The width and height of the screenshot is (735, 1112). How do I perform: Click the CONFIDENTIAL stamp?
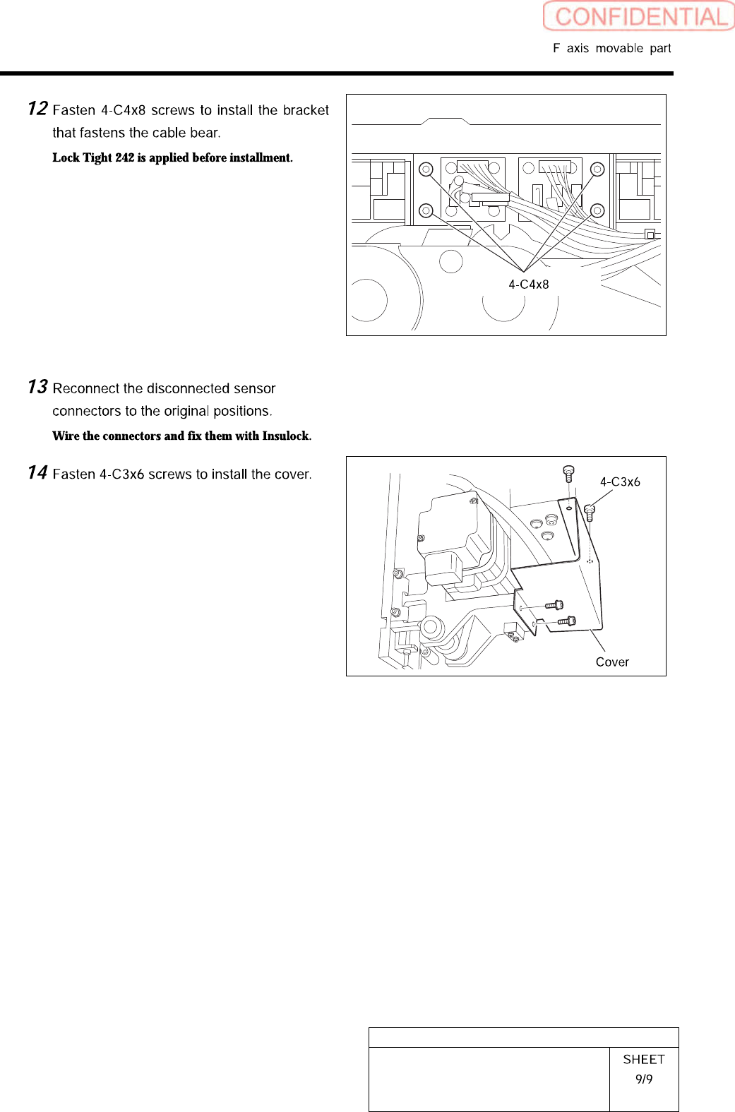[x=639, y=16]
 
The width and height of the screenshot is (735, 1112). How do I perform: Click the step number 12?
[x=37, y=108]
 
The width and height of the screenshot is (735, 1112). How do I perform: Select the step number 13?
[x=37, y=387]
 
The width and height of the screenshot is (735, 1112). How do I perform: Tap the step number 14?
[x=37, y=472]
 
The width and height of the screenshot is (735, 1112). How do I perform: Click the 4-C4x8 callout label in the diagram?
[x=528, y=285]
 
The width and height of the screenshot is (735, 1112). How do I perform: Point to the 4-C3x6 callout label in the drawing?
[x=620, y=482]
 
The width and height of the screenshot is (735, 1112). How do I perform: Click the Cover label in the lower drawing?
[x=612, y=662]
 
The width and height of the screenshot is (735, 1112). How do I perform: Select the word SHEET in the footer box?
[x=644, y=1059]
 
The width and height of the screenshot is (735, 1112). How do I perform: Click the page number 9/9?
[x=644, y=1079]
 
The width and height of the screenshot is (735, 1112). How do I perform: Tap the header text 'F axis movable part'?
[x=611, y=48]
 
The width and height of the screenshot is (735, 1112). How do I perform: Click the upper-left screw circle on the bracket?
[x=426, y=169]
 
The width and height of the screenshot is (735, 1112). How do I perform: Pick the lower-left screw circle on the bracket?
[x=426, y=210]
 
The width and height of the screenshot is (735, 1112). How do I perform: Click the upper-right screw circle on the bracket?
[x=597, y=169]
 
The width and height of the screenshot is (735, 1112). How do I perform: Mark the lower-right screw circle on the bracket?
[x=597, y=210]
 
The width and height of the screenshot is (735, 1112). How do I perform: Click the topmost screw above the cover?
[x=568, y=472]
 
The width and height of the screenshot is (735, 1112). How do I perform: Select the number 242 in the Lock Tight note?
[x=124, y=157]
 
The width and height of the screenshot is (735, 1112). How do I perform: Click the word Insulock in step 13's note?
[x=285, y=436]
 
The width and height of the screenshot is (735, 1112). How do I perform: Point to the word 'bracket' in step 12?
[x=306, y=110]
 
